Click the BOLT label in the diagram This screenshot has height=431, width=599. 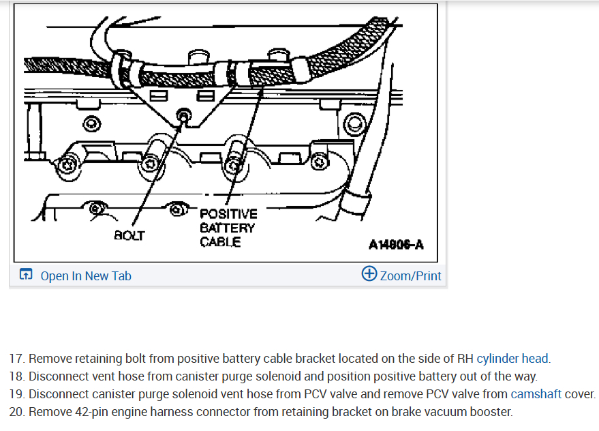129,236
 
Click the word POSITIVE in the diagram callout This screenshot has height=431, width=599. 228,214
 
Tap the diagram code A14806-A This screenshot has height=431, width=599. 396,245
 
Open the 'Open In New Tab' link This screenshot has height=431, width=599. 86,276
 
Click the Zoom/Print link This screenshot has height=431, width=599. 410,276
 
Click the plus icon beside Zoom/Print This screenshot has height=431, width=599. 369,274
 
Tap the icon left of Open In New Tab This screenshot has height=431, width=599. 26,275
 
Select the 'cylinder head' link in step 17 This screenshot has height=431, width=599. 512,358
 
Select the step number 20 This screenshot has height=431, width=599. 17,411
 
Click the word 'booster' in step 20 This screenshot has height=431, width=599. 491,411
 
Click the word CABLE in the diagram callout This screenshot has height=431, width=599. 220,241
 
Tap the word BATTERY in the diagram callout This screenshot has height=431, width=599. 227,228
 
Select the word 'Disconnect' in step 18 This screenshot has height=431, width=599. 58,376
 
